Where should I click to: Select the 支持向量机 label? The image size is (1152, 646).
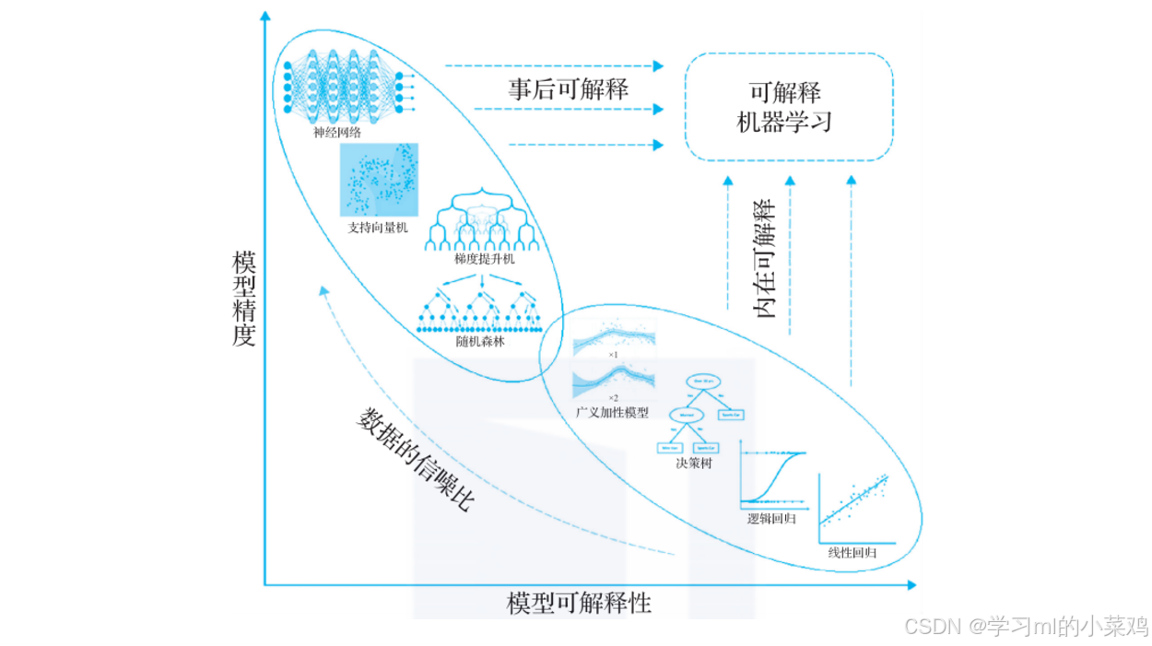pyautogui.click(x=377, y=227)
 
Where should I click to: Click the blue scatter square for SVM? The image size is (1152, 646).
pyautogui.click(x=379, y=180)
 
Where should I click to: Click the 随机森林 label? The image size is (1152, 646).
pyautogui.click(x=480, y=341)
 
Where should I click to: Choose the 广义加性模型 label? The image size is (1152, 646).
pyautogui.click(x=612, y=412)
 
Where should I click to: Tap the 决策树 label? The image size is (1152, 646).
pyautogui.click(x=693, y=463)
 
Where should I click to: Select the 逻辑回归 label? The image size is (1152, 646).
pyautogui.click(x=771, y=519)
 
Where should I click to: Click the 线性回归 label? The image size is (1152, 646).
pyautogui.click(x=851, y=553)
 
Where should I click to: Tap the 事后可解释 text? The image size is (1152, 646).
pyautogui.click(x=568, y=89)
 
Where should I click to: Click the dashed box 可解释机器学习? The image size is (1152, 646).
pyautogui.click(x=788, y=107)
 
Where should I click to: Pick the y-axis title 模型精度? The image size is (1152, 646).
pyautogui.click(x=242, y=298)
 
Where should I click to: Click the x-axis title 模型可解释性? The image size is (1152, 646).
pyautogui.click(x=579, y=605)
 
